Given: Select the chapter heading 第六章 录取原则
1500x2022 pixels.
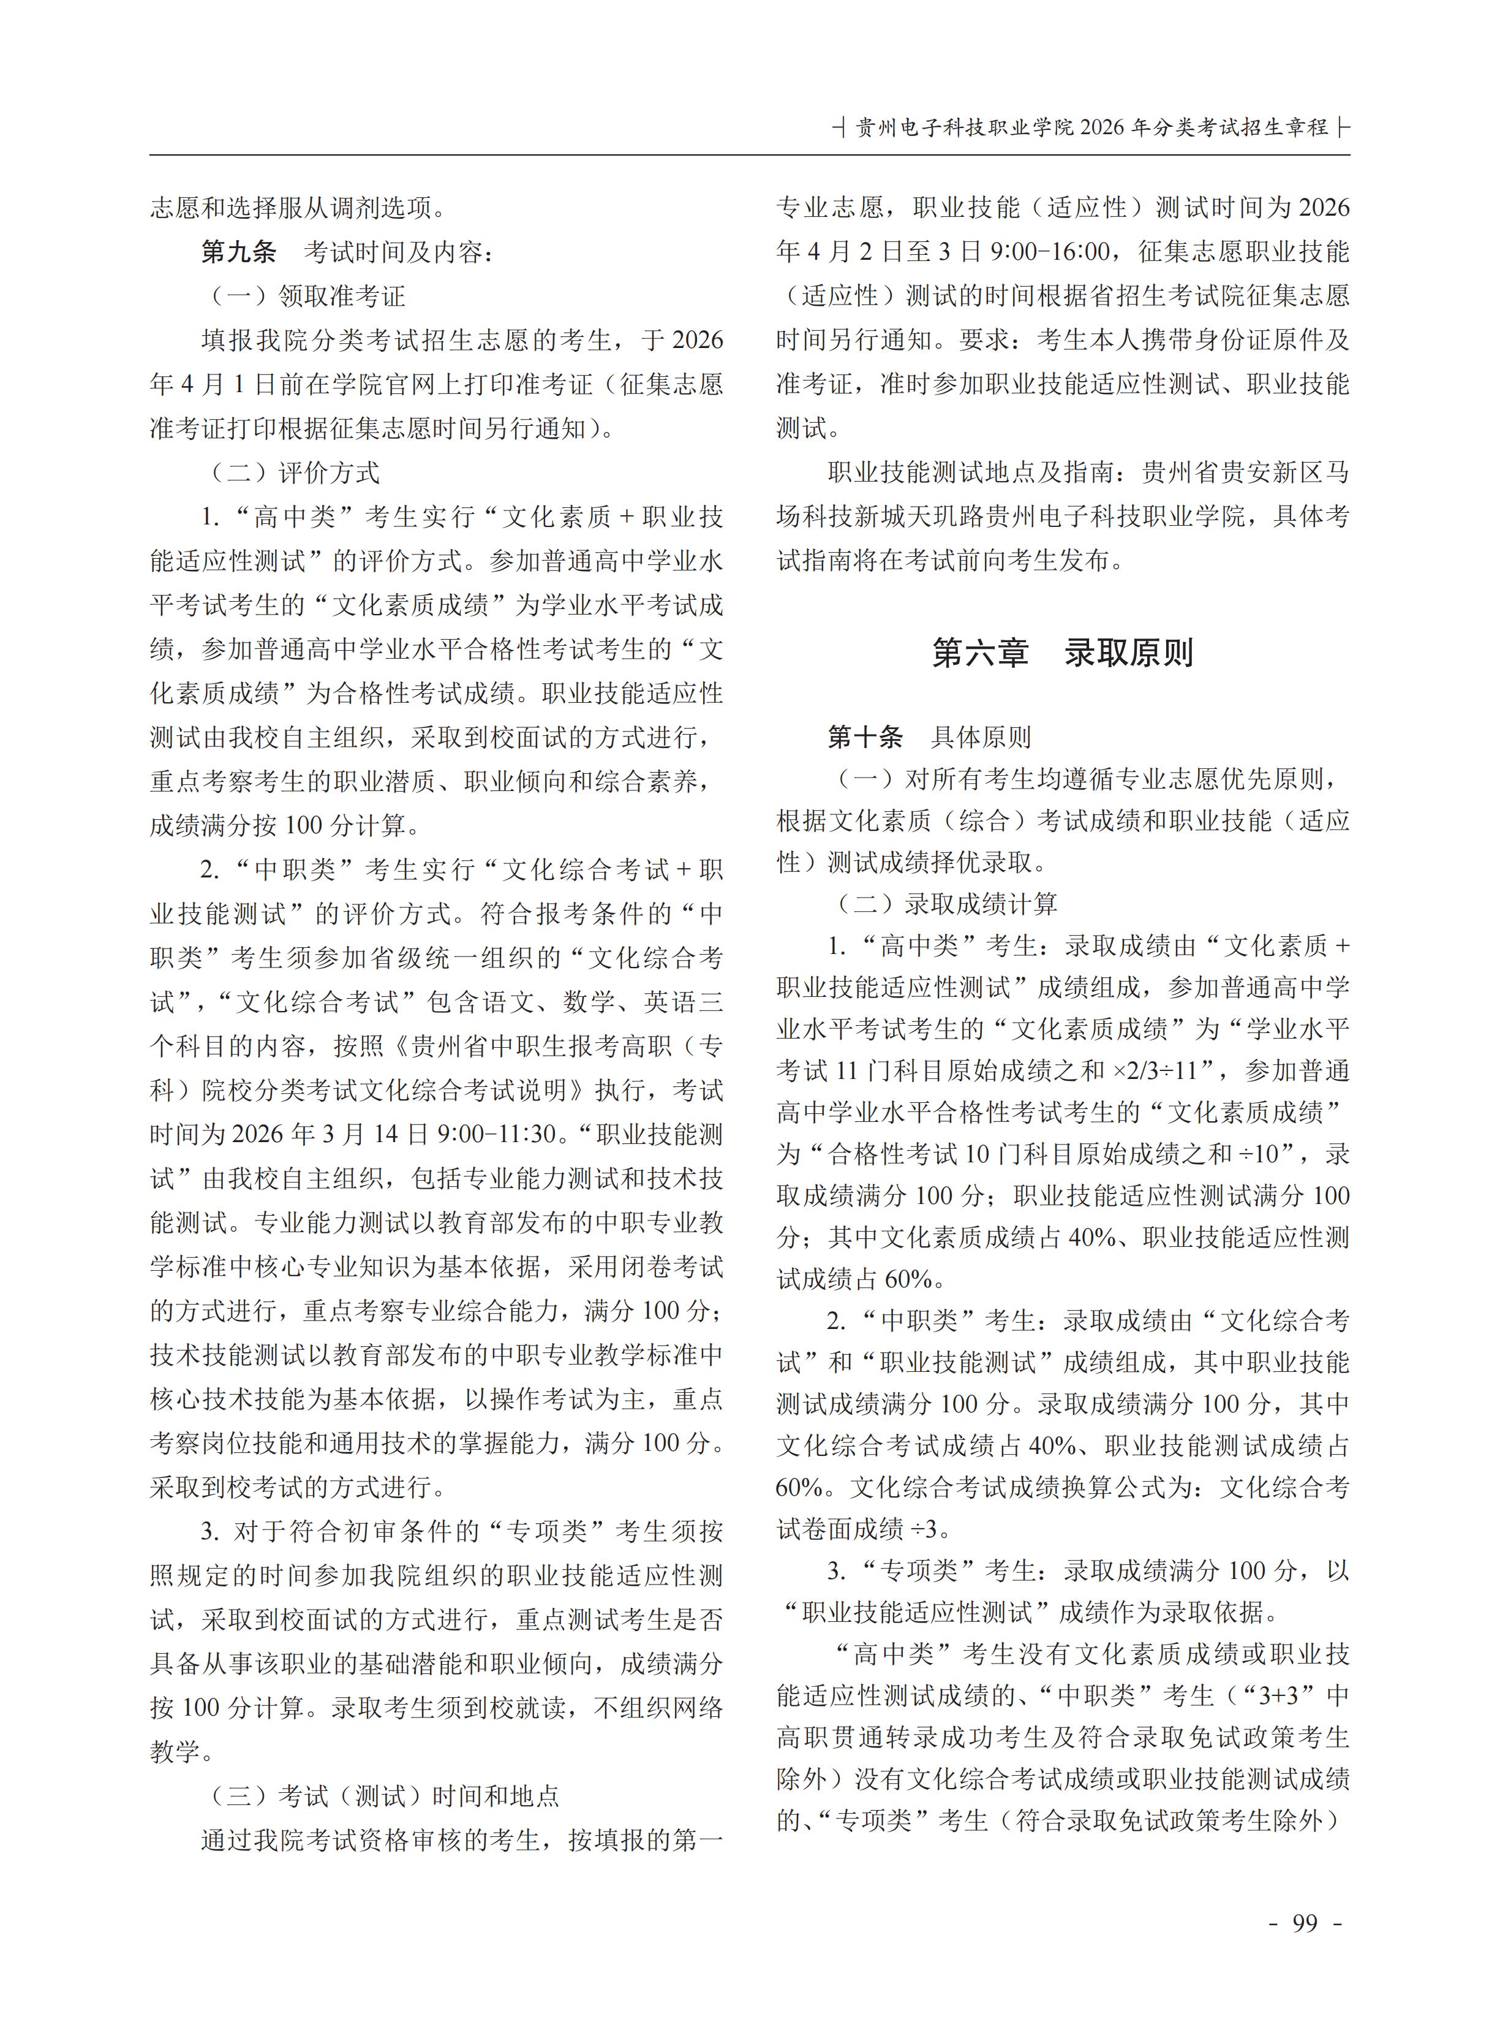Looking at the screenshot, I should (x=1062, y=652).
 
